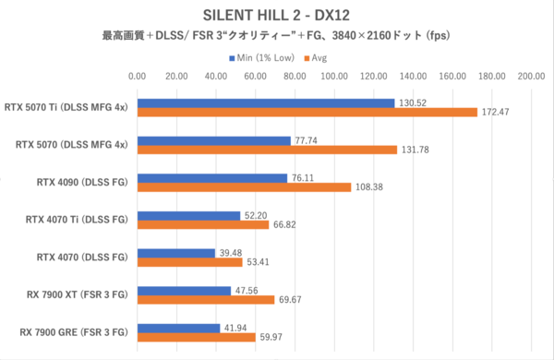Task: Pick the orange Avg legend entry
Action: pyautogui.click(x=313, y=57)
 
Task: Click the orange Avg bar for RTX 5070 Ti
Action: pyautogui.click(x=307, y=113)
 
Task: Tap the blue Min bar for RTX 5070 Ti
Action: pyautogui.click(x=265, y=102)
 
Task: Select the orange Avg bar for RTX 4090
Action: pyautogui.click(x=244, y=187)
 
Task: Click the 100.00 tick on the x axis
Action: pyautogui.click(x=333, y=78)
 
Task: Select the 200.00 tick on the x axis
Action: pyautogui.click(x=531, y=78)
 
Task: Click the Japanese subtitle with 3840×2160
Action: pyautogui.click(x=277, y=37)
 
